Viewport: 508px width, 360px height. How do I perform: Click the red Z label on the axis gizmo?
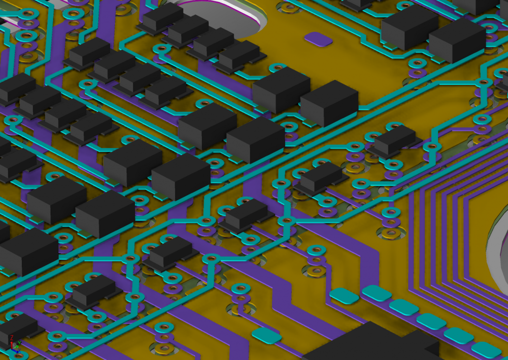[11, 338]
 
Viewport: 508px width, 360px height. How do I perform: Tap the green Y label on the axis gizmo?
[19, 343]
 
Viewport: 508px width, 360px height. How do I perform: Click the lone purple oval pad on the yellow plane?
[318, 38]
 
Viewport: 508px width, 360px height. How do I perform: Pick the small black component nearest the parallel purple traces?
[394, 139]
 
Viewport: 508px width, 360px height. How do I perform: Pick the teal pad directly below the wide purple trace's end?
[344, 296]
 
